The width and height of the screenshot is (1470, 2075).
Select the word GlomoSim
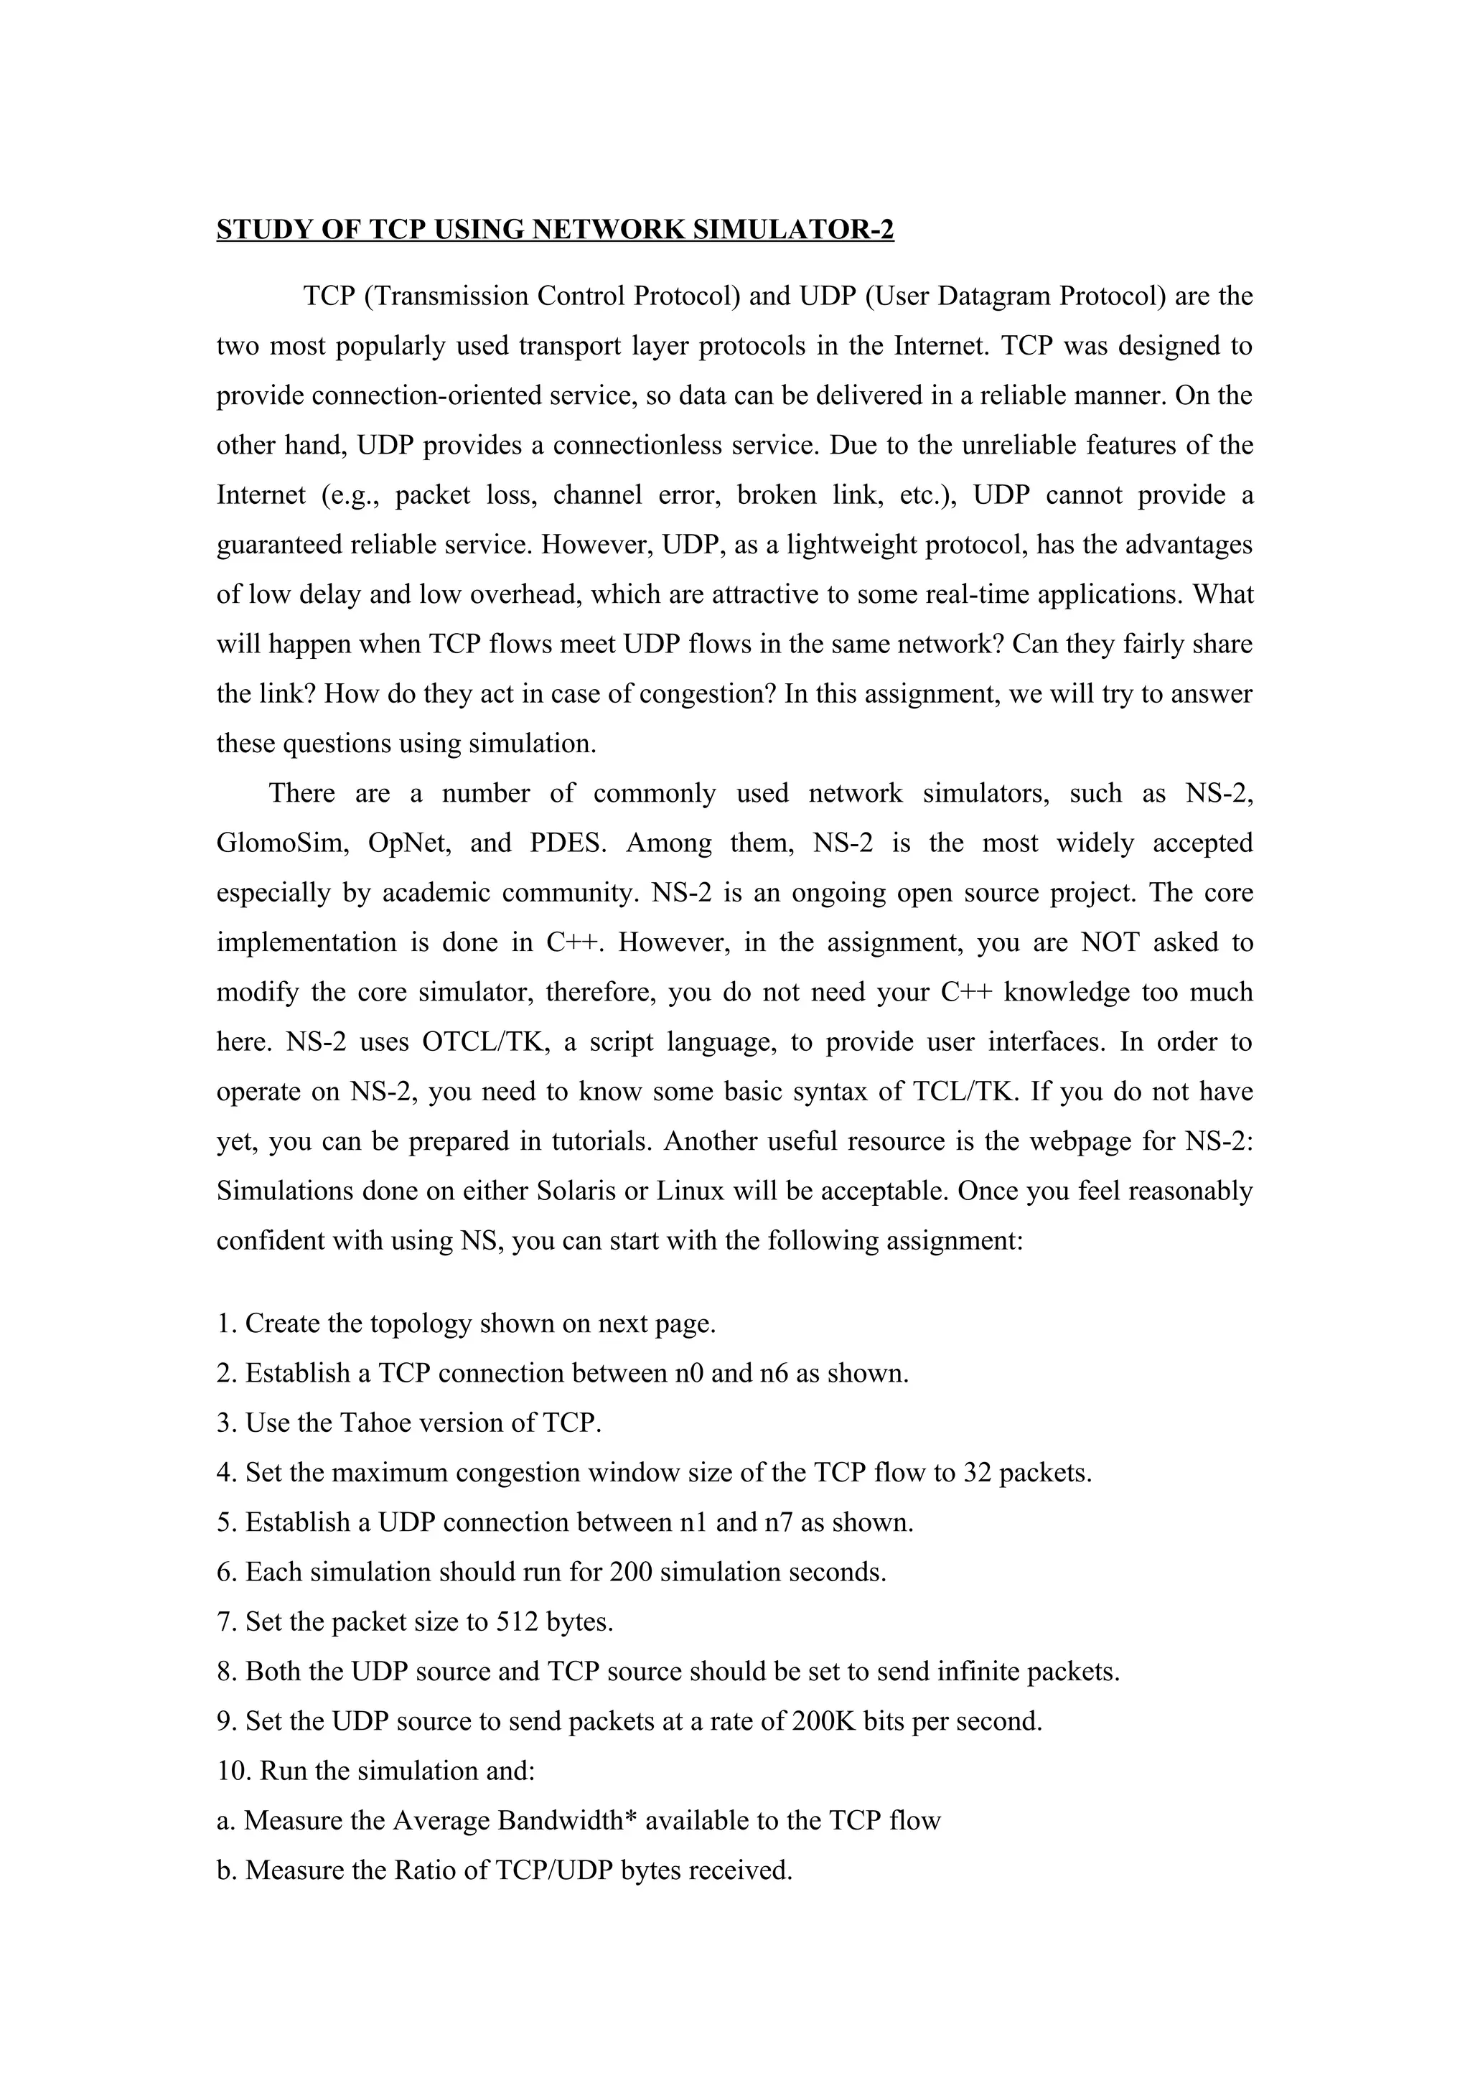click(x=282, y=843)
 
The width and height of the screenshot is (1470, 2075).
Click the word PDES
click(x=566, y=843)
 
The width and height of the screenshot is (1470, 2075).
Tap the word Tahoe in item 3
click(x=372, y=1423)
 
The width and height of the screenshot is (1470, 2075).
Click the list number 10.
click(x=232, y=1771)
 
